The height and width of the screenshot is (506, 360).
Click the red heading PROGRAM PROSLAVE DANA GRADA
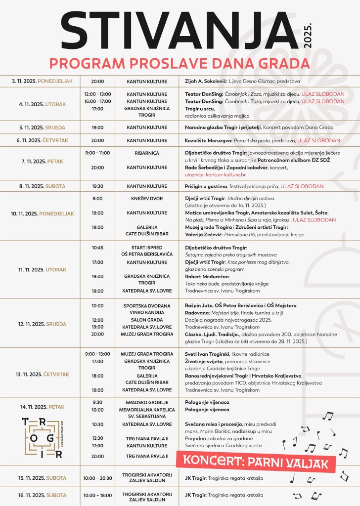click(180, 63)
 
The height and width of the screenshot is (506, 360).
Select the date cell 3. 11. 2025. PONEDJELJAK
click(42, 81)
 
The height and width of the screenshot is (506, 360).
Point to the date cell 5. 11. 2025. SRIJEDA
click(42, 127)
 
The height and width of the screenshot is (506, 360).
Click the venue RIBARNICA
click(147, 153)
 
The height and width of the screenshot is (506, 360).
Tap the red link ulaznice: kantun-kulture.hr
click(212, 174)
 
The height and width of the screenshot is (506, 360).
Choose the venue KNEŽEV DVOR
click(147, 199)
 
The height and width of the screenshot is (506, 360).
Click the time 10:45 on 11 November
click(97, 247)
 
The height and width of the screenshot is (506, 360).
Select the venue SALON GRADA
click(147, 320)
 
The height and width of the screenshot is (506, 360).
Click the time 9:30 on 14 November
click(97, 402)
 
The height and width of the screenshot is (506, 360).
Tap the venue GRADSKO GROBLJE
click(147, 402)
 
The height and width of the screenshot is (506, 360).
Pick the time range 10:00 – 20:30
click(97, 478)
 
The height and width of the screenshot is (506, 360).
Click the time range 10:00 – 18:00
click(97, 495)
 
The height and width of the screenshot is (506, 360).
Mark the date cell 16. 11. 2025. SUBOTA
click(42, 495)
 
